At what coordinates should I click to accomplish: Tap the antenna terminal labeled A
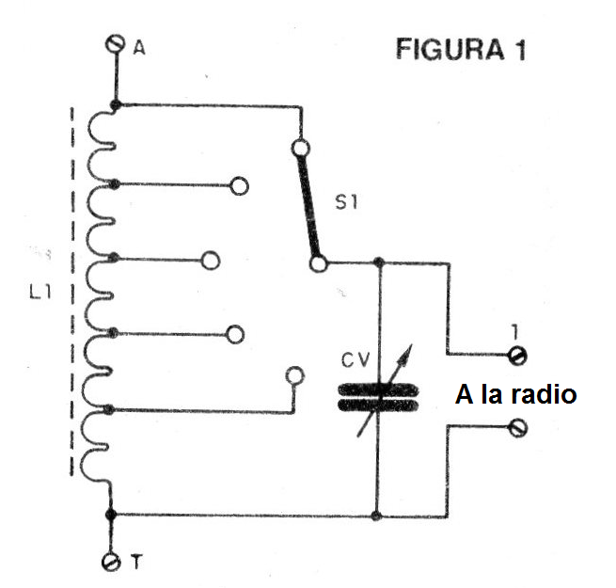[115, 44]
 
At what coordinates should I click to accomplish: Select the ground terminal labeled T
[111, 562]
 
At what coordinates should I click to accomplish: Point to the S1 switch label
[349, 201]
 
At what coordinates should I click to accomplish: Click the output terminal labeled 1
[515, 356]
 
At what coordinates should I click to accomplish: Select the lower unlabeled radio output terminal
[515, 428]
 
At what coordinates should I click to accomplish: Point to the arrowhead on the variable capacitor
[406, 349]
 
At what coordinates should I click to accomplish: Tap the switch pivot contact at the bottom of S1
[319, 263]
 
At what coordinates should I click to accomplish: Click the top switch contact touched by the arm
[301, 148]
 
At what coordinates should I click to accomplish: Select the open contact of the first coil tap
[239, 185]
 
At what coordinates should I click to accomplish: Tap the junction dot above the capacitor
[377, 262]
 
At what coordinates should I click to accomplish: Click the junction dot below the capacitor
[377, 516]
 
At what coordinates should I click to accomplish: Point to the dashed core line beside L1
[72, 292]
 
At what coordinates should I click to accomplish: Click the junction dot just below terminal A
[115, 105]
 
